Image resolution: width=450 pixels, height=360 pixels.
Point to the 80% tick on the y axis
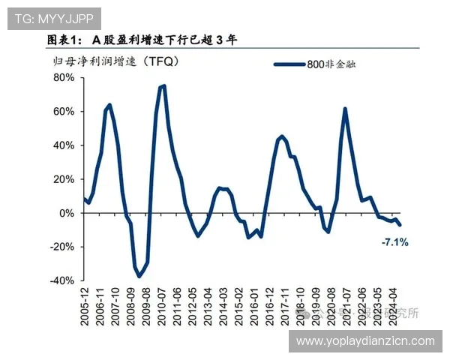pyautogui.click(x=63, y=78)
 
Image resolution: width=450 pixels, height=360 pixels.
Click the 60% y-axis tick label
pyautogui.click(x=63, y=112)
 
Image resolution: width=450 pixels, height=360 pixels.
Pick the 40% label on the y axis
pyautogui.click(x=63, y=145)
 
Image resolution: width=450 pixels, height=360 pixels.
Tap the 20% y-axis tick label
pyautogui.click(x=63, y=179)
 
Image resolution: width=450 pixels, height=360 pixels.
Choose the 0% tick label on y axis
pyautogui.click(x=66, y=213)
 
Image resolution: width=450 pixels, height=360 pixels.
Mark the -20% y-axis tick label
pyautogui.click(x=61, y=247)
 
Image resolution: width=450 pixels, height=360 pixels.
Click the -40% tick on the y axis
pyautogui.click(x=61, y=280)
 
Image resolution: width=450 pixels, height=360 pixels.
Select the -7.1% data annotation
pyautogui.click(x=394, y=242)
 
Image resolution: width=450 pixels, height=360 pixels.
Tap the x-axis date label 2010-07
pyautogui.click(x=161, y=307)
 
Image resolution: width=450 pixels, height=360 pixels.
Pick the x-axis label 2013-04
pyautogui.click(x=207, y=307)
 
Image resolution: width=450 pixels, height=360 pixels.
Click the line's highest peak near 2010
pyautogui.click(x=163, y=85)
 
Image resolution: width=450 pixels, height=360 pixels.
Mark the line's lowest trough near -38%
pyautogui.click(x=139, y=277)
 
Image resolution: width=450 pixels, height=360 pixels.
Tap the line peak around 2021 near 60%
pyautogui.click(x=345, y=109)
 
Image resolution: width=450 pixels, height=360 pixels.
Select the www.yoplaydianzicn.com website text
pyautogui.click(x=365, y=341)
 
